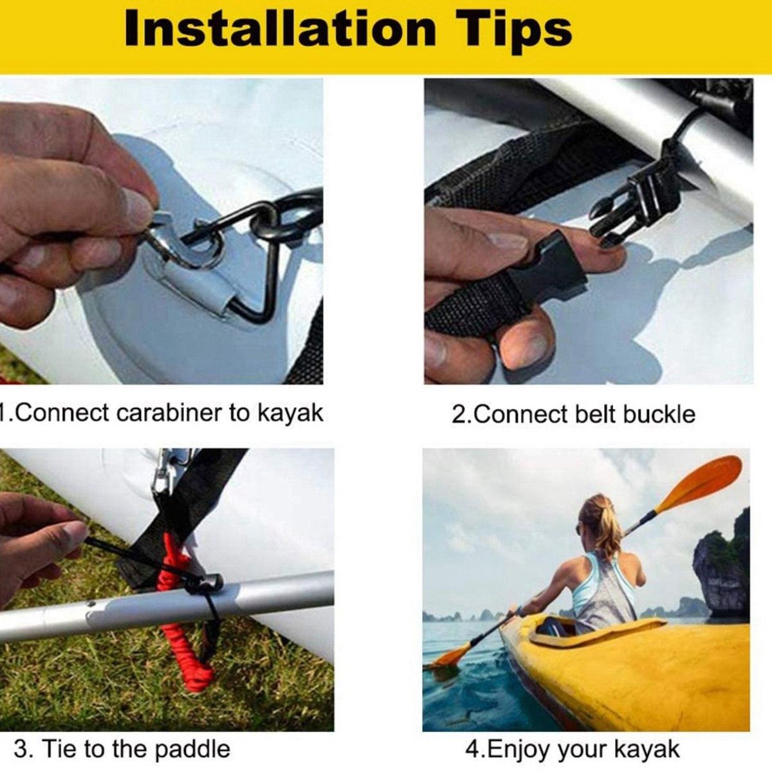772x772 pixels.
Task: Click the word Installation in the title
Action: (x=280, y=30)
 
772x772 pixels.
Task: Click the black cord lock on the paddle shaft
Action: (x=205, y=583)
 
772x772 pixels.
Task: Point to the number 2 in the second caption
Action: (x=458, y=415)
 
